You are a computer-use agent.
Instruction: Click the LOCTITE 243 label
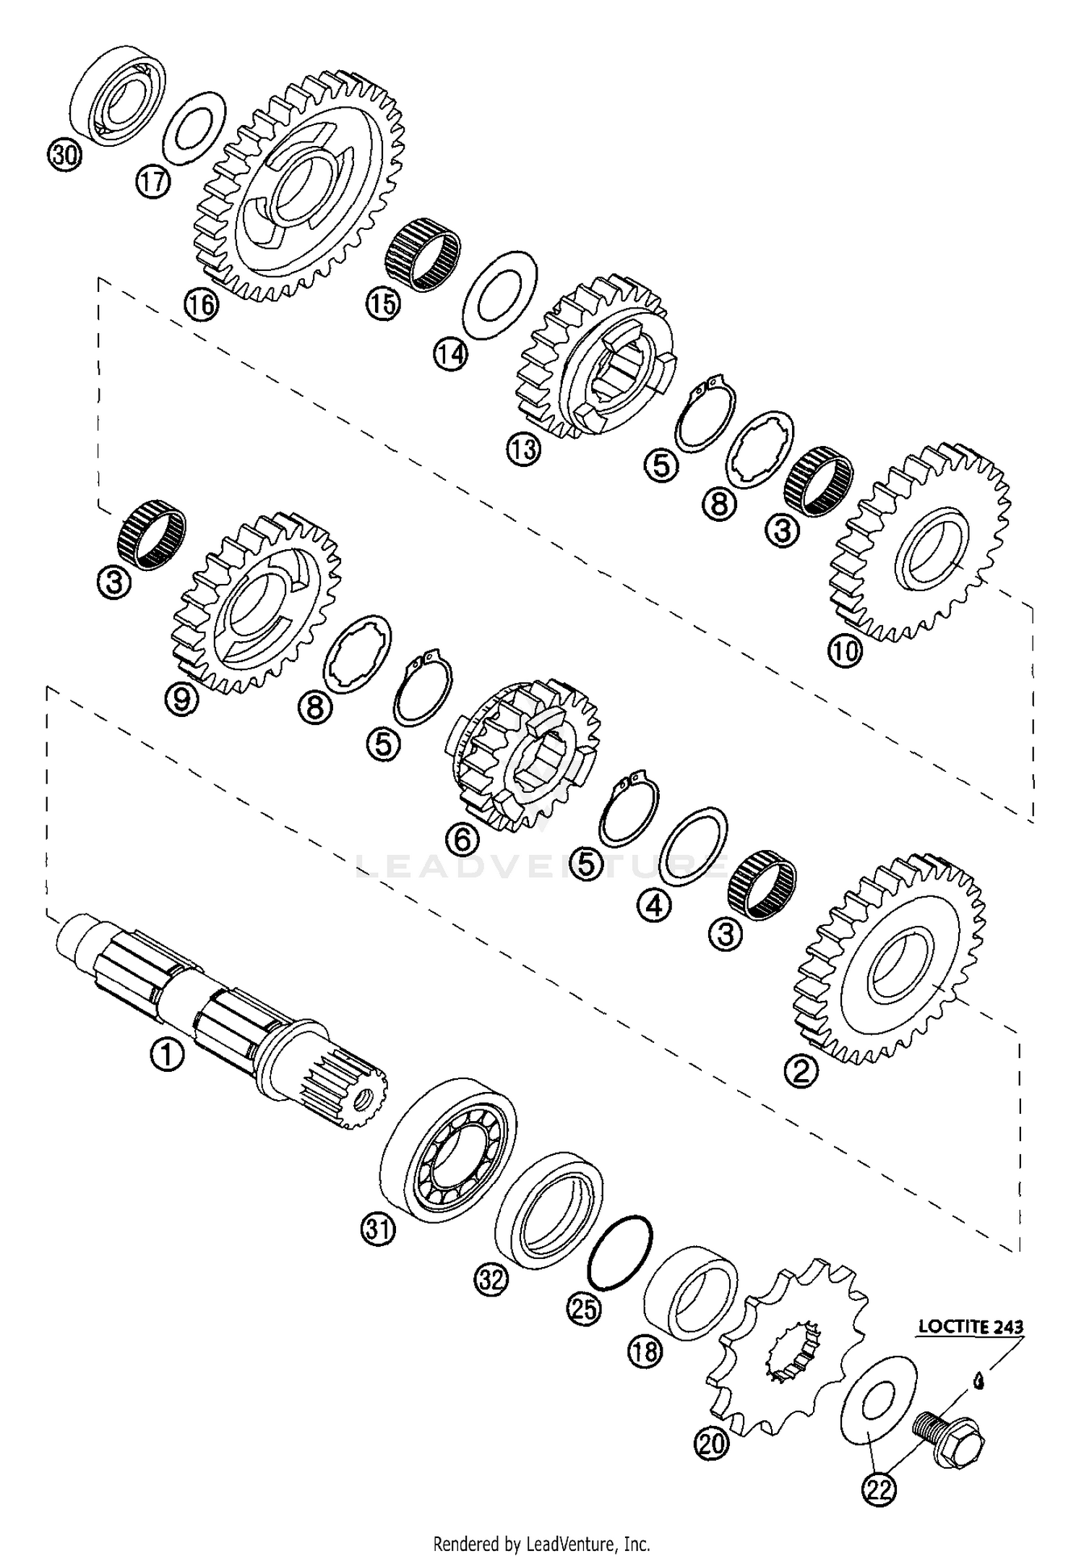(x=971, y=1327)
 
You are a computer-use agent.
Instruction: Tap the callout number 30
(x=65, y=155)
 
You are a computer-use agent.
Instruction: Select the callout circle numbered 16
(x=200, y=304)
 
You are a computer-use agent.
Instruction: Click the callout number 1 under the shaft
(x=167, y=1057)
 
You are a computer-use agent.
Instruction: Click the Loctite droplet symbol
(x=979, y=1381)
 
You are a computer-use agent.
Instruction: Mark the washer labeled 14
(x=499, y=293)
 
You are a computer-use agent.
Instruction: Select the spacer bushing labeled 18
(x=689, y=1292)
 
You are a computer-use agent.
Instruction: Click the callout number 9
(x=181, y=699)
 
